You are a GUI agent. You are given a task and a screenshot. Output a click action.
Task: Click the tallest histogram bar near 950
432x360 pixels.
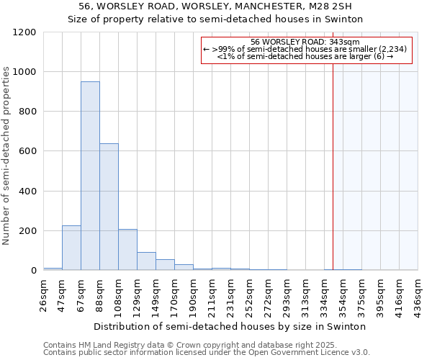[90, 176]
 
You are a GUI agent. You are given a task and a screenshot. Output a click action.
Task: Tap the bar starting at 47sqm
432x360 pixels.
[71, 248]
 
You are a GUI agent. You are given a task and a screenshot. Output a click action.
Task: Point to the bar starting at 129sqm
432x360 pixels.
[146, 261]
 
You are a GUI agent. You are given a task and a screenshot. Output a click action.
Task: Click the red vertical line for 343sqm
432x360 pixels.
[333, 158]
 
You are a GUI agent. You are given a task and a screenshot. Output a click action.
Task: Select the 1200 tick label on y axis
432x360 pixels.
[24, 32]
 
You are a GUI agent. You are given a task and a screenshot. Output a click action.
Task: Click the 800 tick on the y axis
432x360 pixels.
[27, 112]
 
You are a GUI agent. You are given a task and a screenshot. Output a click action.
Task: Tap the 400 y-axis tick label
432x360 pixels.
[27, 192]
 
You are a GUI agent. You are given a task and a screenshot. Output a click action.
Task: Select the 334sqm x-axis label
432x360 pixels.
[324, 296]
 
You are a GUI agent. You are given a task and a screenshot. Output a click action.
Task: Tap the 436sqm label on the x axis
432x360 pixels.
[418, 296]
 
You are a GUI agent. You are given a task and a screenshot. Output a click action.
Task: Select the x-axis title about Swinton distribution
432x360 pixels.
[230, 326]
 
